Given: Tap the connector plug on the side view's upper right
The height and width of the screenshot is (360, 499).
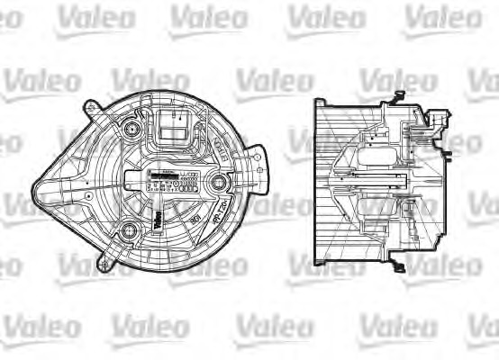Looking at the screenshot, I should point(439,123).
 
